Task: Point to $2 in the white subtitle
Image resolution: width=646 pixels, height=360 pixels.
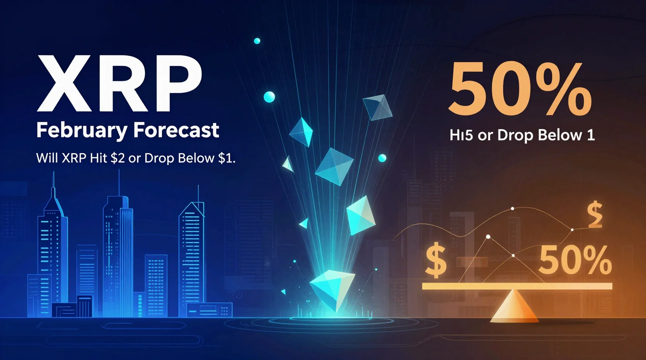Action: (117, 158)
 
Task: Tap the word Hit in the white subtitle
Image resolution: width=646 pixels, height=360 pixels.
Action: (98, 158)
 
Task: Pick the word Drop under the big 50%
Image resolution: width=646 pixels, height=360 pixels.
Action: (515, 135)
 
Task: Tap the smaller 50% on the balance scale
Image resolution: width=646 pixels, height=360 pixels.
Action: (575, 260)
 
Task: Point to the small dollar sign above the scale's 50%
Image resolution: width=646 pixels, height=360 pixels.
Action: (594, 215)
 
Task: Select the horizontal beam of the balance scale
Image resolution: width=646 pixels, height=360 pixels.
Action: (517, 286)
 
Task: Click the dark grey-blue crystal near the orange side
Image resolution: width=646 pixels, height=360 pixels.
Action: (377, 107)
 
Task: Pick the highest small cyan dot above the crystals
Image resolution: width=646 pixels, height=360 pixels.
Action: (257, 41)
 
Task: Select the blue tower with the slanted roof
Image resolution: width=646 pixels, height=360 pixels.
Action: (191, 256)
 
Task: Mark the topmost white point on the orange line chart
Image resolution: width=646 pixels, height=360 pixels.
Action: (512, 209)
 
